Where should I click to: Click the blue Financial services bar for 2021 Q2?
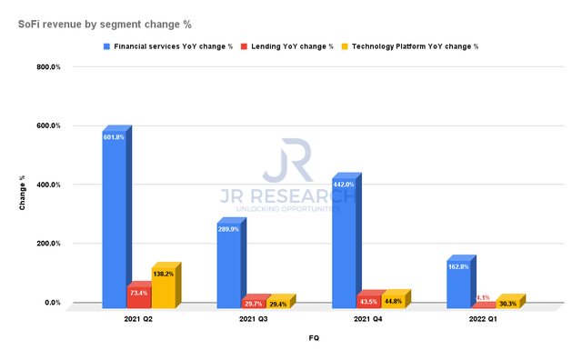pos(114,218)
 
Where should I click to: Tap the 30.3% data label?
pos(507,304)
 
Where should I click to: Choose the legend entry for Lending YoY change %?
pos(280,45)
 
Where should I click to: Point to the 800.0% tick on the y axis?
pos(48,67)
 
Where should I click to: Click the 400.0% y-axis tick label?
pos(48,185)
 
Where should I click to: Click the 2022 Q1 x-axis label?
pos(485,319)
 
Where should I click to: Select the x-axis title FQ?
pos(313,337)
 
